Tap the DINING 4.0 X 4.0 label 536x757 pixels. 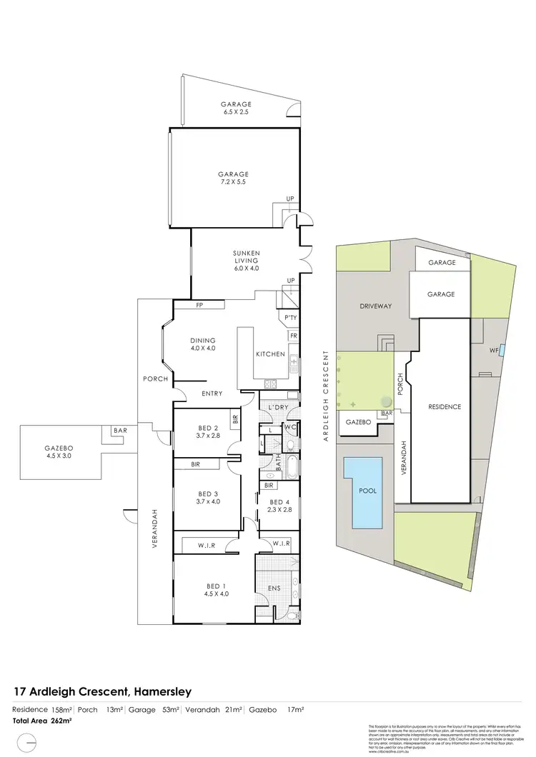[203, 344]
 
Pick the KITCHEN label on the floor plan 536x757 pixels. [270, 354]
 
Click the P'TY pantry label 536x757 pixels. [290, 318]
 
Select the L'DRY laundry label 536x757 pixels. [278, 407]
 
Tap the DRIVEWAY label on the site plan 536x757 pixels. [375, 306]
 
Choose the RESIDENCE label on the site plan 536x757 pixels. [445, 407]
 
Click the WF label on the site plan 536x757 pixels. [494, 351]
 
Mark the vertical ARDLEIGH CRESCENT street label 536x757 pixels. [326, 396]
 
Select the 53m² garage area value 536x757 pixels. [172, 709]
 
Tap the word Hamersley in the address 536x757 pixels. [162, 691]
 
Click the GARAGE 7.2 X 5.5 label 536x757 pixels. [234, 178]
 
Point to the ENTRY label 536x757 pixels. [212, 393]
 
